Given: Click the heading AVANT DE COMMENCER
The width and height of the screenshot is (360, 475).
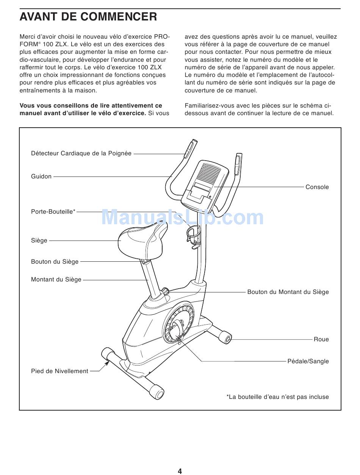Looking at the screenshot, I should click(x=88, y=17).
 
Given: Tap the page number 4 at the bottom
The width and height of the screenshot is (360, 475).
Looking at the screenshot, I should click(x=180, y=471).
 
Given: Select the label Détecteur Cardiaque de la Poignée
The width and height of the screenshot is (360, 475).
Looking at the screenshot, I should click(x=81, y=153).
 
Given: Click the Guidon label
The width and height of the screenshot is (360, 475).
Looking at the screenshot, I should click(x=41, y=177).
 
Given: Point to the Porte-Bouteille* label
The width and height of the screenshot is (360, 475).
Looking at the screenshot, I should click(x=53, y=212).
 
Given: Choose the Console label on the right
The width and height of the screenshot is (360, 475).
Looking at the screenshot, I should click(x=317, y=187).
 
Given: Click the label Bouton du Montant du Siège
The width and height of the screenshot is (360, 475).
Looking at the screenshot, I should click(x=288, y=292).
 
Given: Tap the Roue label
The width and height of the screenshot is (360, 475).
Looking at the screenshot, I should click(x=321, y=339).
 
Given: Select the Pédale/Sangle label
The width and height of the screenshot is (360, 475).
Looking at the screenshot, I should click(x=308, y=361).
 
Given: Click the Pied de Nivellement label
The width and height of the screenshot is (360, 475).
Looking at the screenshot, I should click(x=59, y=371).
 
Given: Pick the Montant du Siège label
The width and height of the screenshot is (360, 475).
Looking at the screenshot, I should click(x=56, y=280).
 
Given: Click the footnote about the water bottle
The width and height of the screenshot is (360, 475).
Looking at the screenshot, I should click(x=278, y=397).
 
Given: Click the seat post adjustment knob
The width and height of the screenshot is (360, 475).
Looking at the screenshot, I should click(x=166, y=291).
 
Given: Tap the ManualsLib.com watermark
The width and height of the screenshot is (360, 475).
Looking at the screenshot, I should click(x=182, y=217).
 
